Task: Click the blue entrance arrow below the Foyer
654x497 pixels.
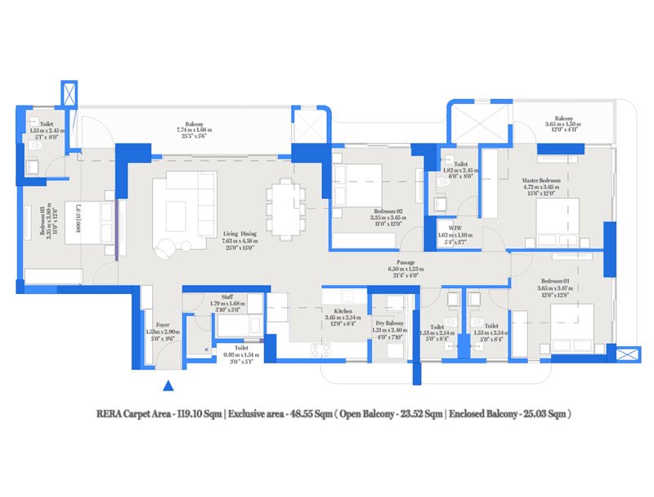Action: (168, 385)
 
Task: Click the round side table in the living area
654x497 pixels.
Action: (168, 246)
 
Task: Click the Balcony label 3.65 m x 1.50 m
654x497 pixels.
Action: (562, 122)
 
